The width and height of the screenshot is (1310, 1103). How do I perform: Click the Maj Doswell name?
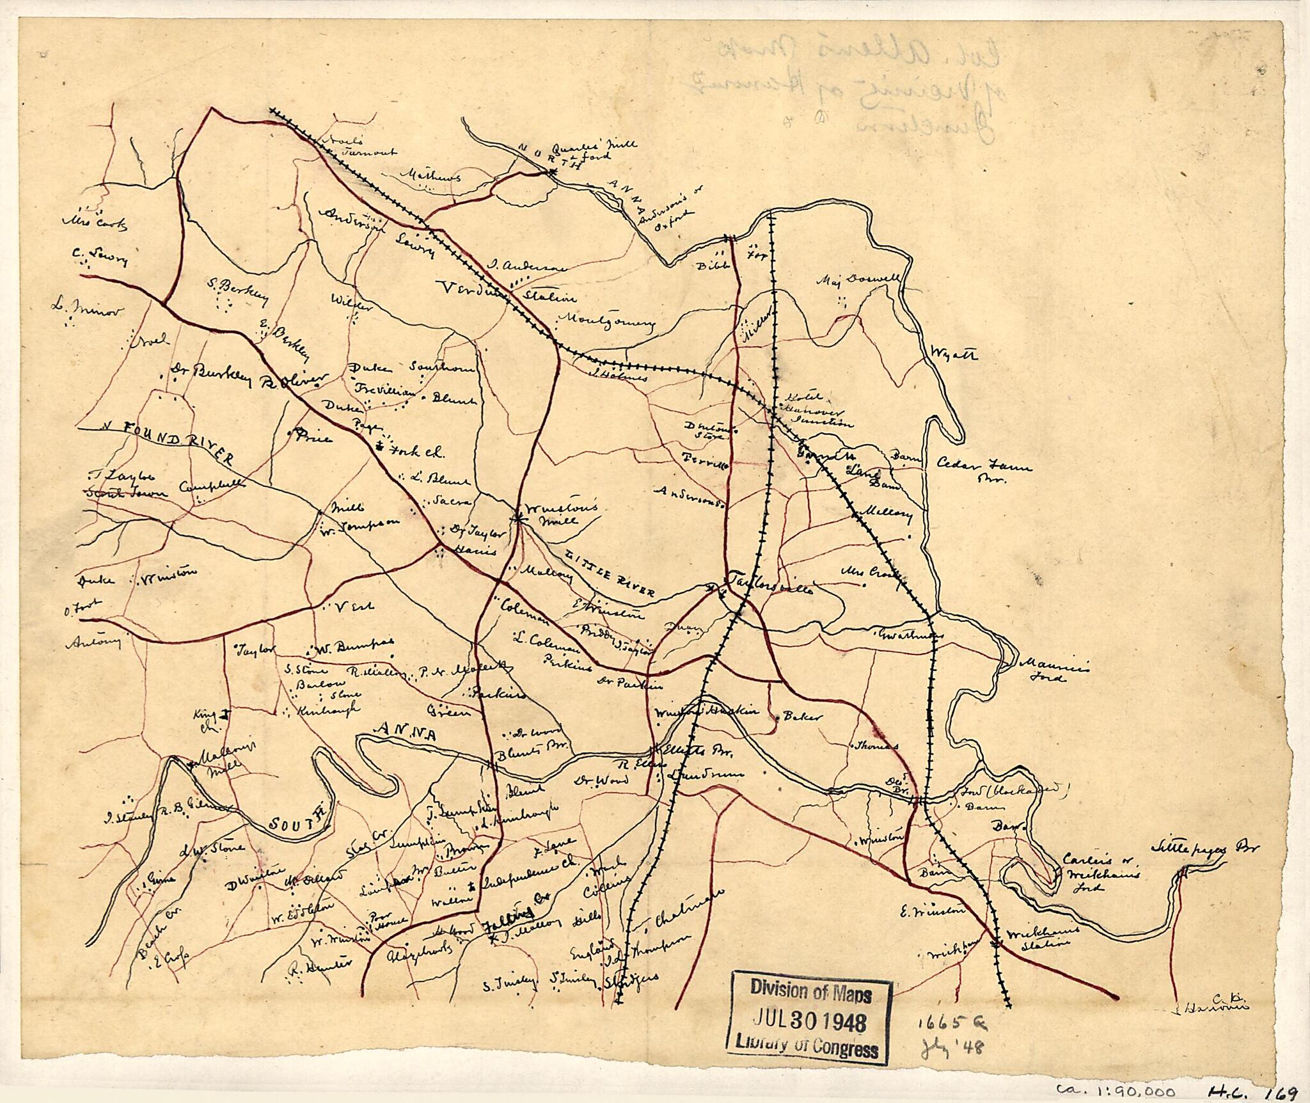859,282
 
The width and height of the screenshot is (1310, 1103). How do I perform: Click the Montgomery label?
607,322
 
